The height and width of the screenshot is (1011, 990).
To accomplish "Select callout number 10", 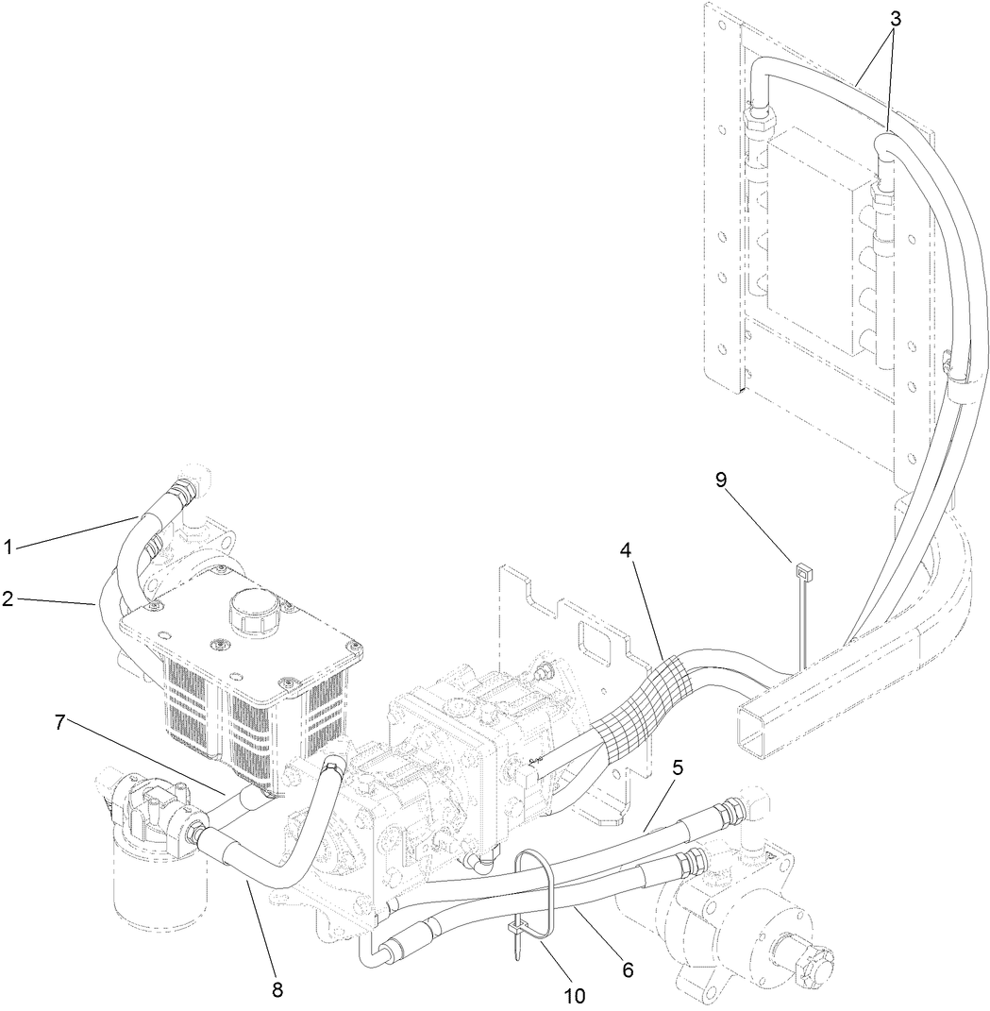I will [574, 995].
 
